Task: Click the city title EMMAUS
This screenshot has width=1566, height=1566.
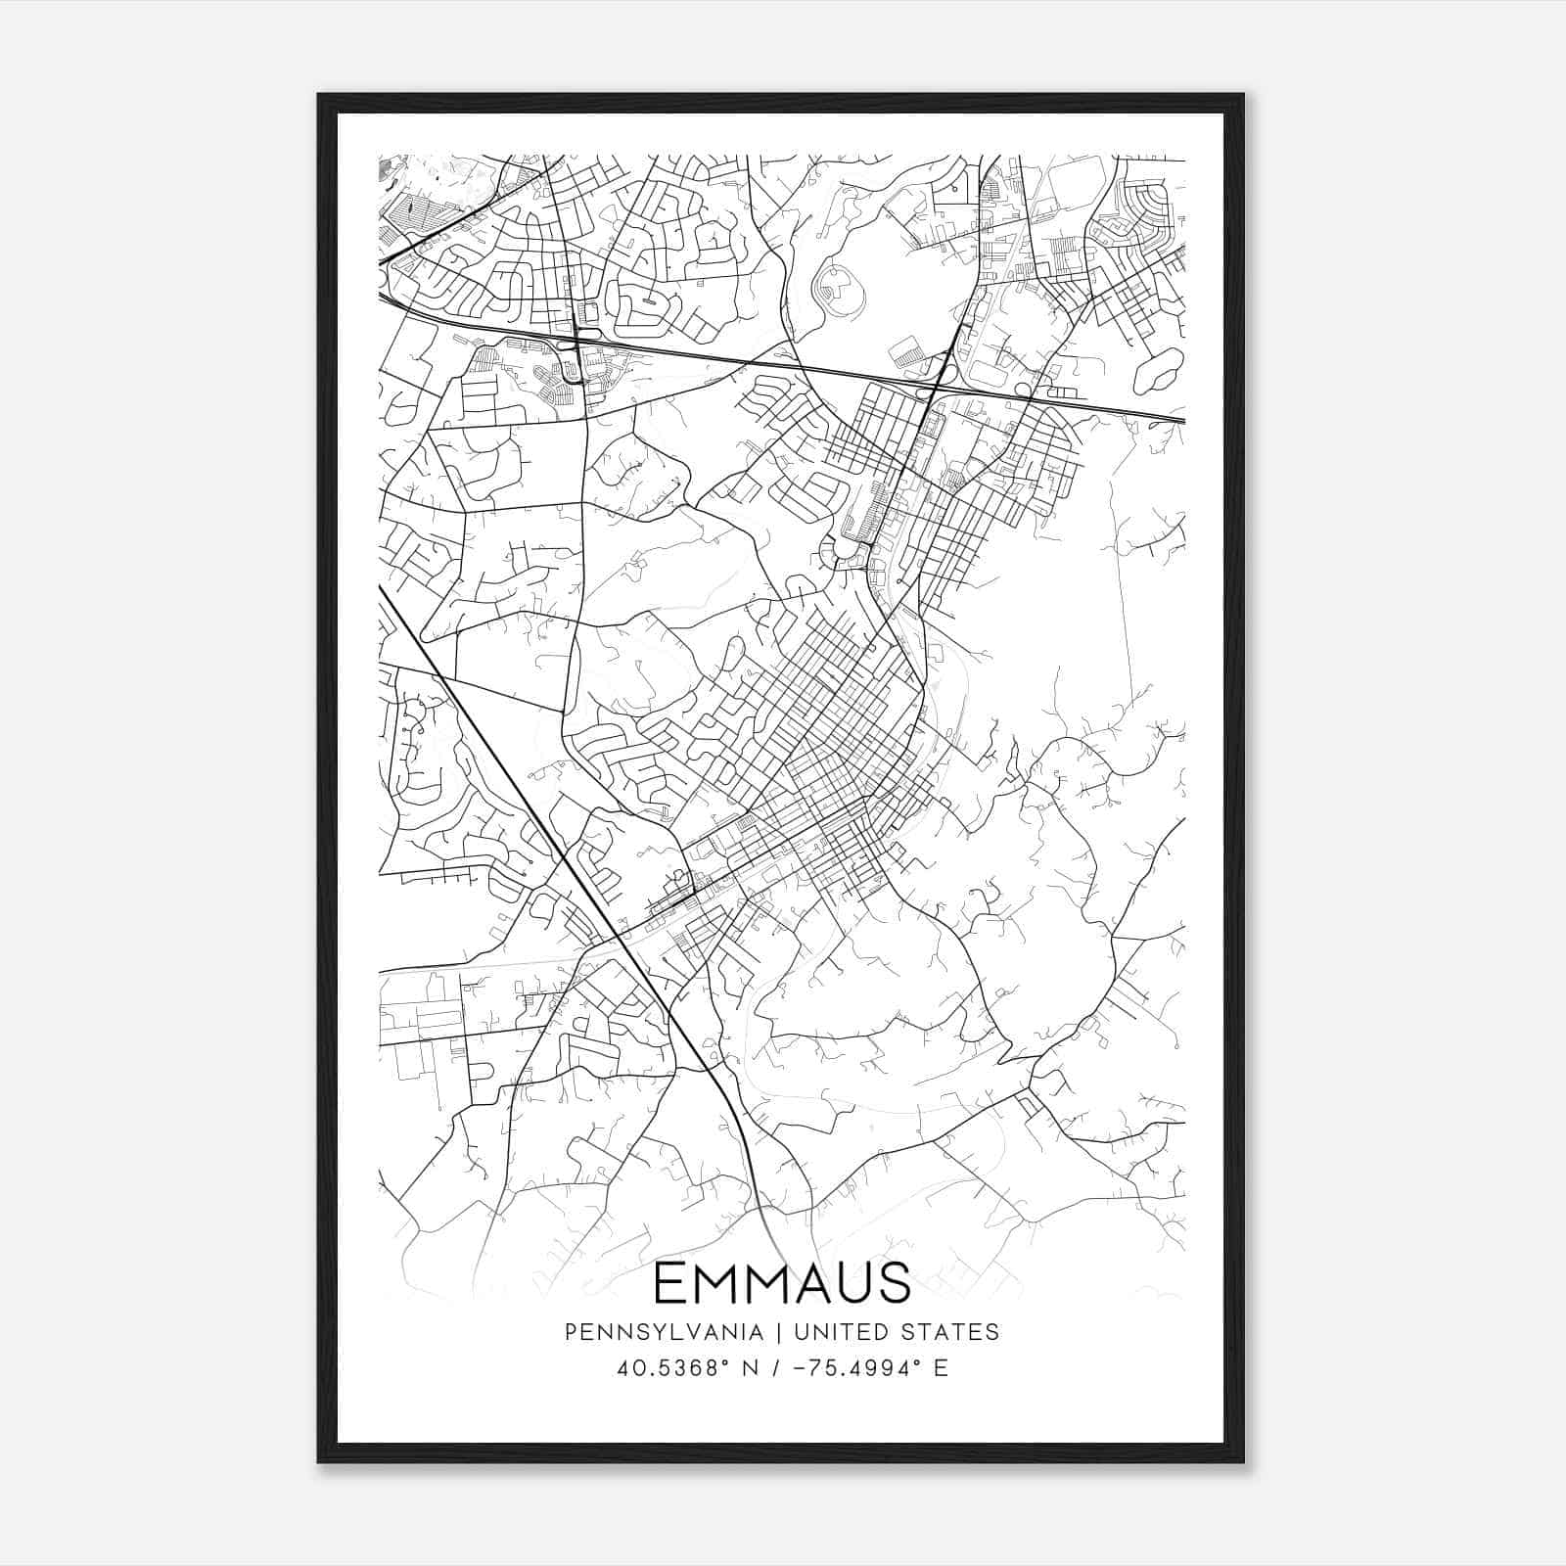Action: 781,1283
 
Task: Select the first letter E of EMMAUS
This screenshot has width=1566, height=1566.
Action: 668,1283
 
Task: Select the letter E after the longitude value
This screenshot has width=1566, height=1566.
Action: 941,1368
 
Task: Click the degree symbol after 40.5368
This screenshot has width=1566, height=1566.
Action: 731,1361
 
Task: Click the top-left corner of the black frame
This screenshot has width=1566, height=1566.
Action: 319,96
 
